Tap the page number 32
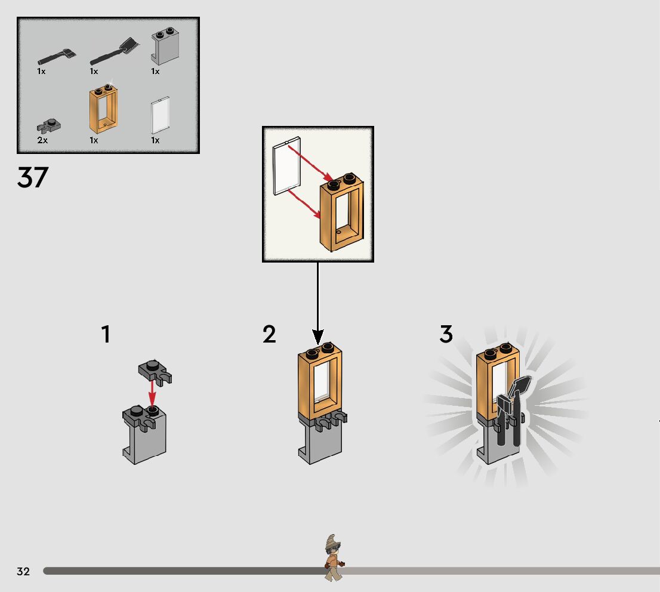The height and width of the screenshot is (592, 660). point(23,571)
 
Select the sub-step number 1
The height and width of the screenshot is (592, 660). point(106,334)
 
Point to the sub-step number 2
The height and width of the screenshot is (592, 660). point(269,334)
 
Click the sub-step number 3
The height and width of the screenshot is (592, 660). point(446,334)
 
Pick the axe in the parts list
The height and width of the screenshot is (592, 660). point(57,57)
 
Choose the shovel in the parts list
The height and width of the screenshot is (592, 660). point(115,51)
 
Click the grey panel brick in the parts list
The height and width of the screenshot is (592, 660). point(165,46)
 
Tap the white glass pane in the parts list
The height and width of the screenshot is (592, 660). point(161,115)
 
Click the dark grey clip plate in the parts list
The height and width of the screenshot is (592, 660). point(49,125)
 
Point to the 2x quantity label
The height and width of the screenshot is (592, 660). point(42,140)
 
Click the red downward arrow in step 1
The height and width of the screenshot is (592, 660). point(152,393)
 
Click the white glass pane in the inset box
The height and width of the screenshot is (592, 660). point(286,166)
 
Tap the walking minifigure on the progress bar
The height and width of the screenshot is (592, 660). point(334,559)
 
